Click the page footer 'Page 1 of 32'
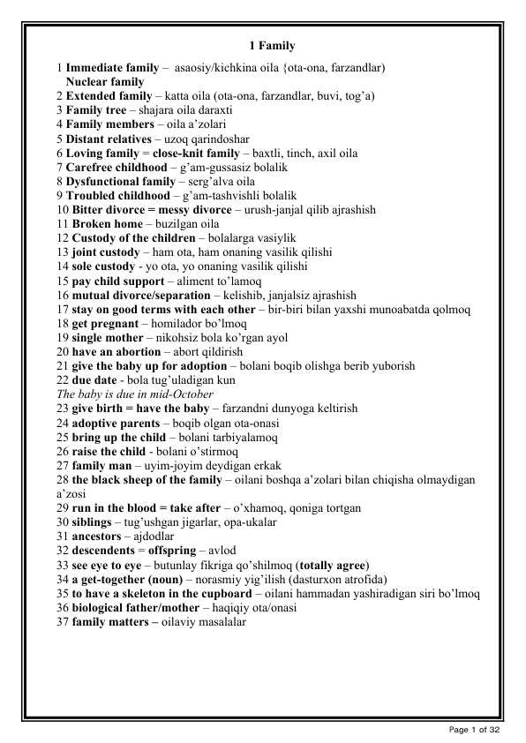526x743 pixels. [x=475, y=729]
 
